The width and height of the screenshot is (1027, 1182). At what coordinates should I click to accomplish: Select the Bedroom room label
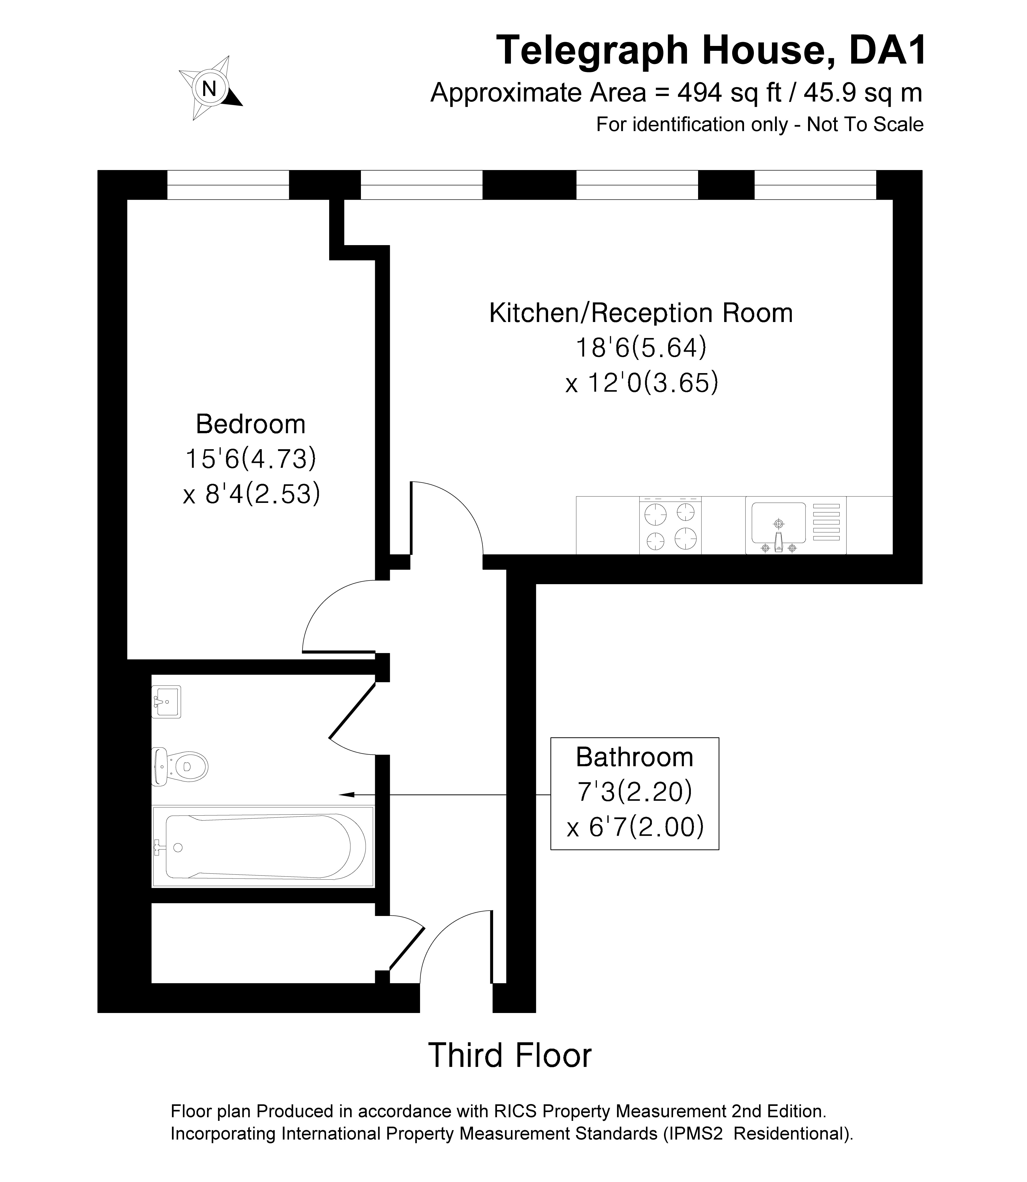(x=250, y=424)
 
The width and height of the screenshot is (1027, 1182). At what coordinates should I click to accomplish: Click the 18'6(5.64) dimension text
(x=641, y=348)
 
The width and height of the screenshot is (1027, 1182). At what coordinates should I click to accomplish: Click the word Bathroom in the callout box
(x=634, y=757)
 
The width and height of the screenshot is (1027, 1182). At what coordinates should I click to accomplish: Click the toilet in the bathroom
(x=179, y=766)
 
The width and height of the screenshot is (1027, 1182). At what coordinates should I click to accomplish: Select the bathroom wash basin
(x=166, y=702)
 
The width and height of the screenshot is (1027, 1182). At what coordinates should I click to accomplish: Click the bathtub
(x=263, y=846)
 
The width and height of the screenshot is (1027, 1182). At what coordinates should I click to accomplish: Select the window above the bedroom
(x=228, y=185)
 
